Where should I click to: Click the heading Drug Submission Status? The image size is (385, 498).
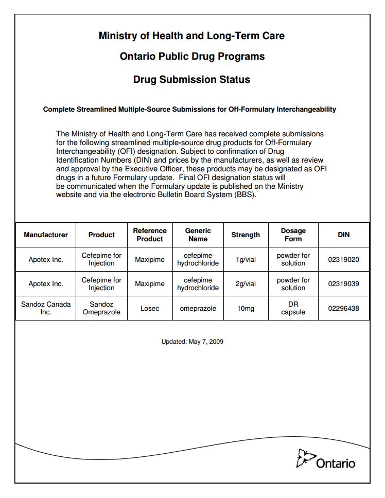[x=191, y=79]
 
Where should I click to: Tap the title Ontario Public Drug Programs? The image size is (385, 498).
[x=192, y=57]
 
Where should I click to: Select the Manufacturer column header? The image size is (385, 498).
[x=46, y=235]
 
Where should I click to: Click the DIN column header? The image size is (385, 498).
[x=343, y=235]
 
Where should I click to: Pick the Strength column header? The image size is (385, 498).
[x=246, y=235]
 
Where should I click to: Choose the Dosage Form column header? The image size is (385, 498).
[x=293, y=235]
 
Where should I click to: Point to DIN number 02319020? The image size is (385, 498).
[x=343, y=259]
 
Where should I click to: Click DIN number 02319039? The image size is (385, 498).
[x=343, y=284]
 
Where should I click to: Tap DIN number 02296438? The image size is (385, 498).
[x=343, y=308]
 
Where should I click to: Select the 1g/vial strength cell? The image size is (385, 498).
[x=246, y=259]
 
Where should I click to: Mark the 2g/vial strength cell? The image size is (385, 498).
[x=246, y=284]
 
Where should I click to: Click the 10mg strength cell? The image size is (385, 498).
[x=246, y=308]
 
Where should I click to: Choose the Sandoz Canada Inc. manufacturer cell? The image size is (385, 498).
[x=46, y=308]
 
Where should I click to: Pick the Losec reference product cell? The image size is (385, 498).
[x=150, y=308]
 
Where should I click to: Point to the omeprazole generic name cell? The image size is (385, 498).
[x=198, y=308]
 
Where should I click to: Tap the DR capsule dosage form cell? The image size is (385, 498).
[x=293, y=308]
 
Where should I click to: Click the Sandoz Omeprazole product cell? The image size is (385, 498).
[x=101, y=308]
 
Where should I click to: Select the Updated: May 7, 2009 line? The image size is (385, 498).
[x=192, y=342]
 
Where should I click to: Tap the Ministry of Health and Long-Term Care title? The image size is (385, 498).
[x=191, y=36]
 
